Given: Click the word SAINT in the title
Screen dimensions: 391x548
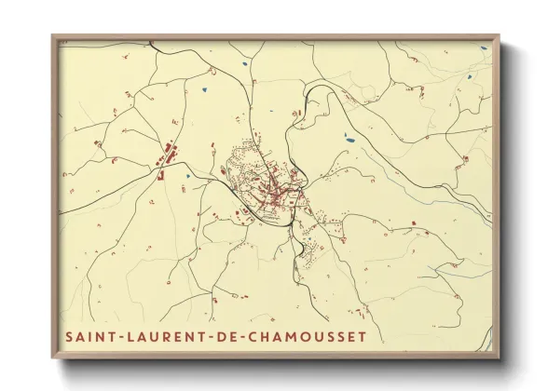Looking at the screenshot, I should [x=89, y=336].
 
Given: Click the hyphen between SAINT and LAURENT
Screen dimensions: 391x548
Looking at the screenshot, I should [x=120, y=336].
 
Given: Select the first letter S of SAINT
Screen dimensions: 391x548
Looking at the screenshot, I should [x=68, y=336].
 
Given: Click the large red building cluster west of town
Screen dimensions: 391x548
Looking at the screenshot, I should [x=170, y=153].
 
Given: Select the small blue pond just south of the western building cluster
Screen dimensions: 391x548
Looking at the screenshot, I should [x=187, y=174].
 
